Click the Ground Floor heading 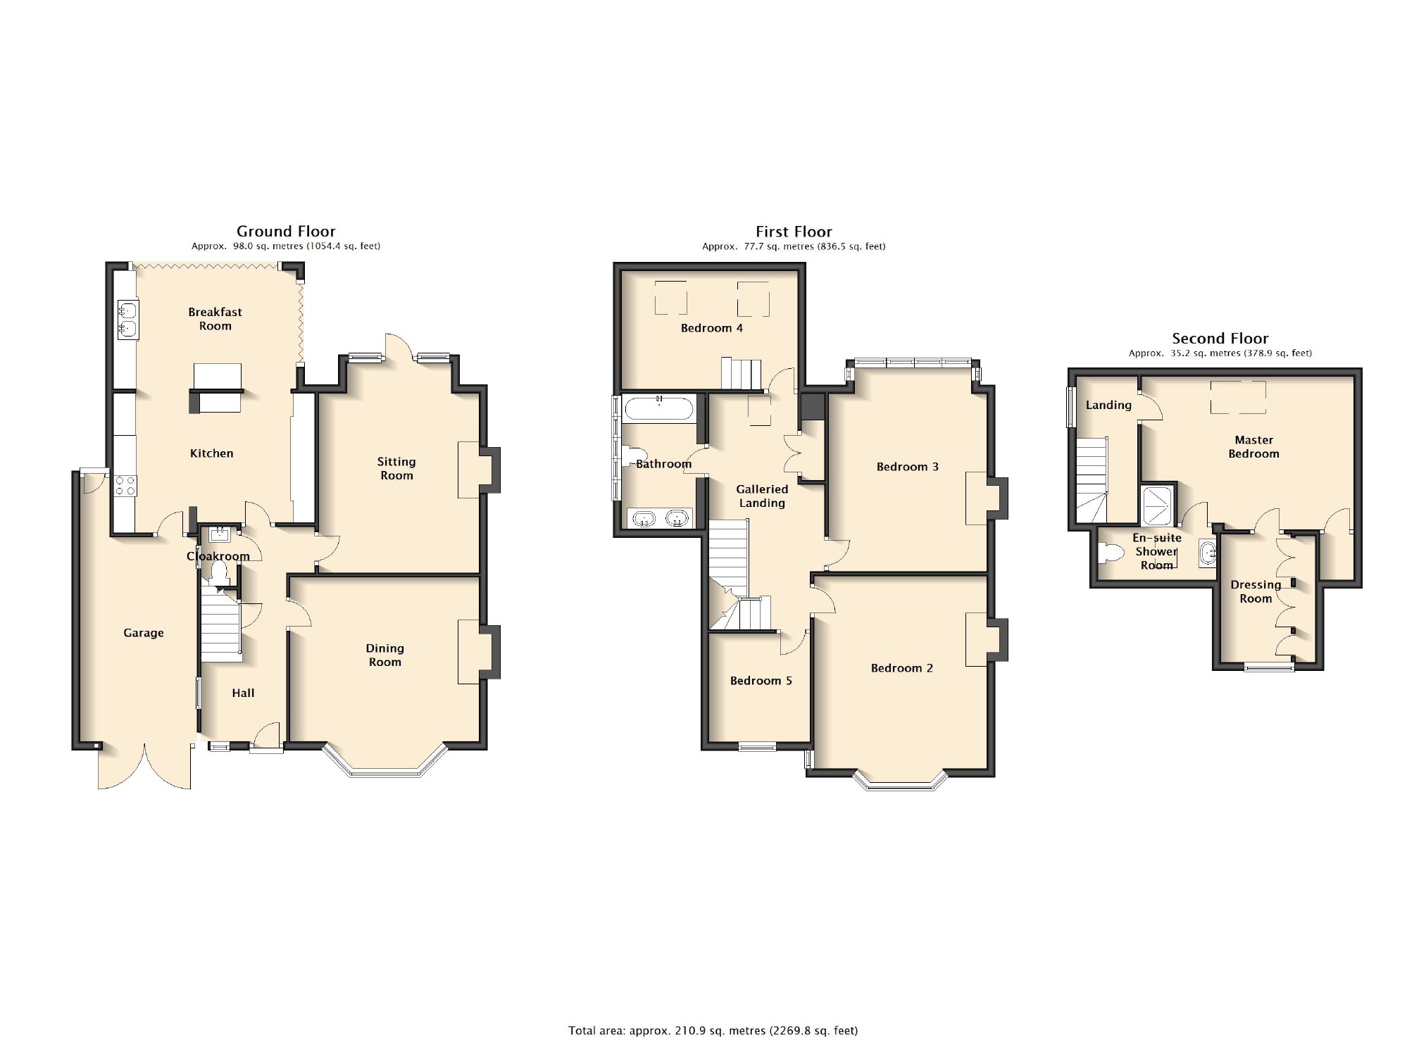click(286, 231)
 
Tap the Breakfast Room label click(215, 319)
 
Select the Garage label click(144, 633)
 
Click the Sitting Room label click(396, 468)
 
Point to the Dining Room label click(385, 655)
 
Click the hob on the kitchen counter click(125, 486)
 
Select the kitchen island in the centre click(216, 388)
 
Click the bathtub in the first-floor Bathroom click(659, 408)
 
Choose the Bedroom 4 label click(712, 328)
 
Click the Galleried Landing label click(762, 496)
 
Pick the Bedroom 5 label click(761, 681)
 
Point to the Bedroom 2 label click(902, 668)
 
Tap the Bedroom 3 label click(908, 467)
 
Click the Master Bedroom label click(1254, 447)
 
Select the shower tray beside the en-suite click(1158, 504)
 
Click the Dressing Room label click(1256, 591)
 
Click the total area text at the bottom click(713, 1031)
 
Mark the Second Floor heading click(1220, 338)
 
